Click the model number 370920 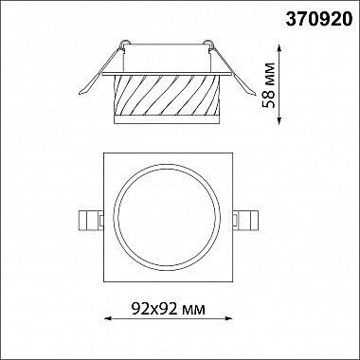point(318,20)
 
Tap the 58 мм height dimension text point(269,85)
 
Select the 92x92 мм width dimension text point(168,309)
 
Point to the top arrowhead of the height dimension point(279,47)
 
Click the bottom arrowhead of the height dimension point(279,121)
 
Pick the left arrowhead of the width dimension point(107,318)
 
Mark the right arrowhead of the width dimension point(229,318)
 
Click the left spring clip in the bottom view point(91,221)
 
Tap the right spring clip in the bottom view point(245,221)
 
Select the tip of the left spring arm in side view point(80,94)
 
